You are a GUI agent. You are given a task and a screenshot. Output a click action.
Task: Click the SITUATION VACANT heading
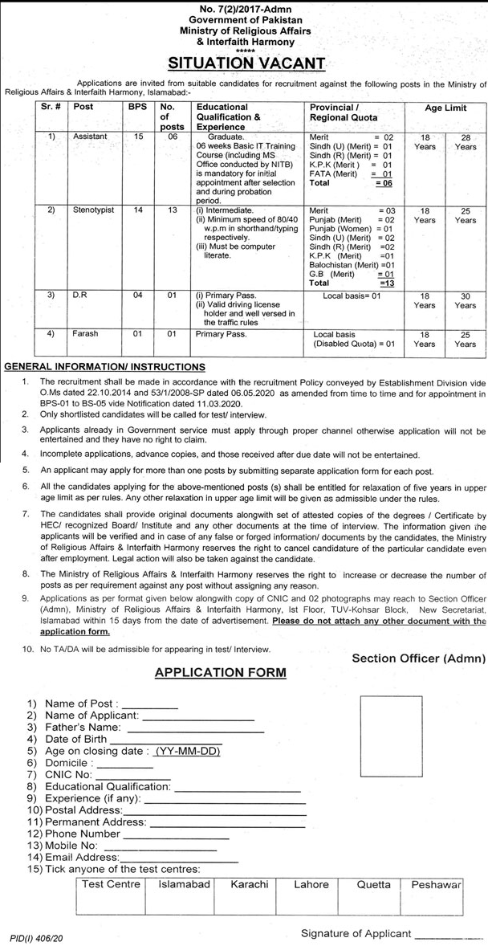click(x=246, y=63)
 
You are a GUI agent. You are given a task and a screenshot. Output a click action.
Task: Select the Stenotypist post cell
click(x=94, y=210)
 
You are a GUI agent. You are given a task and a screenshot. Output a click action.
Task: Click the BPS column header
click(x=137, y=107)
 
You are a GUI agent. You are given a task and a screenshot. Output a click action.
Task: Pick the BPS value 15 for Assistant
click(x=137, y=137)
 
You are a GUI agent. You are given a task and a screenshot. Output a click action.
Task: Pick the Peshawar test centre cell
click(x=437, y=884)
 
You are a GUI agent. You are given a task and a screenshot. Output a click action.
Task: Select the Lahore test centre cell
click(x=311, y=884)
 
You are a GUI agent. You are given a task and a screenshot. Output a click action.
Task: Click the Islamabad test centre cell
click(x=185, y=884)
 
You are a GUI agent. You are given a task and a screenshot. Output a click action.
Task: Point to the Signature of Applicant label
click(x=356, y=934)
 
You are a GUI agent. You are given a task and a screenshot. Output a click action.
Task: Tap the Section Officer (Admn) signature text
click(x=419, y=659)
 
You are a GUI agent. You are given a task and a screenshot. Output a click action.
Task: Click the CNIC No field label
click(x=70, y=775)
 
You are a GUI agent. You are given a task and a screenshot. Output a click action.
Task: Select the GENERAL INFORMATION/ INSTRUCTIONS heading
click(x=104, y=366)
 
